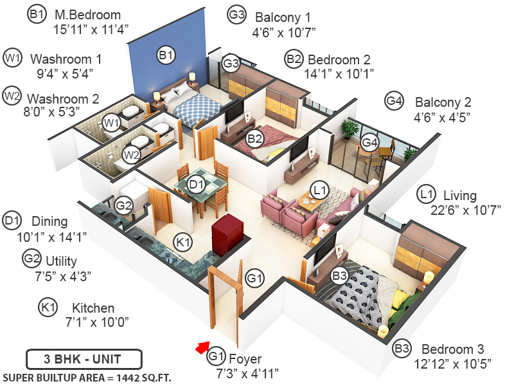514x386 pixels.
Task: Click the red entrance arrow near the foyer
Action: [202, 348]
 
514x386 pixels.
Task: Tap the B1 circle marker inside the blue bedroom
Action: [166, 56]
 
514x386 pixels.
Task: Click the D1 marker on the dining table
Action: [197, 185]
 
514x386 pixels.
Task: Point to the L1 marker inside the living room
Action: [319, 190]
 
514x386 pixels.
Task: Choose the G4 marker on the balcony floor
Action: [369, 142]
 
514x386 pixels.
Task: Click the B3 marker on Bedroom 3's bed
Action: [340, 275]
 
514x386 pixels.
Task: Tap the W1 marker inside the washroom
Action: [113, 122]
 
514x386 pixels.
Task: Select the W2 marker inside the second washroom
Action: [132, 154]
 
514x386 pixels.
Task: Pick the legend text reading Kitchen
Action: [93, 308]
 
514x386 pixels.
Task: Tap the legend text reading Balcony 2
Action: [443, 102]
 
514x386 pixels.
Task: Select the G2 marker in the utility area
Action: [124, 206]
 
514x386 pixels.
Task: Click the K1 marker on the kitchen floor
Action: [183, 242]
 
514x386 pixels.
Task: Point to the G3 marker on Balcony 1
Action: [231, 64]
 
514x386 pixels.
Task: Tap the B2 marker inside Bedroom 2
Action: [255, 137]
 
